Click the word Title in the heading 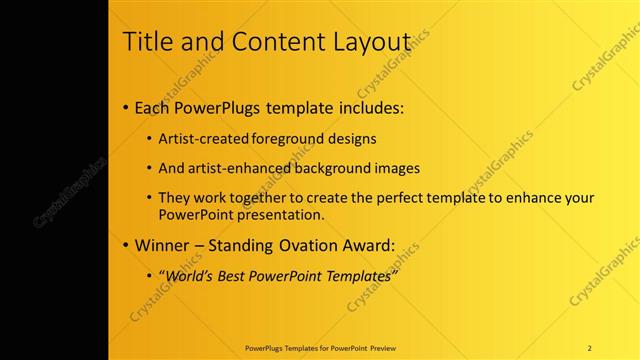147,42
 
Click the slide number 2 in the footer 590,347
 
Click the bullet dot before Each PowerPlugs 125,107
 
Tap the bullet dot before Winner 125,244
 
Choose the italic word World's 188,275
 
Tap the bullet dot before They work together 150,198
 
